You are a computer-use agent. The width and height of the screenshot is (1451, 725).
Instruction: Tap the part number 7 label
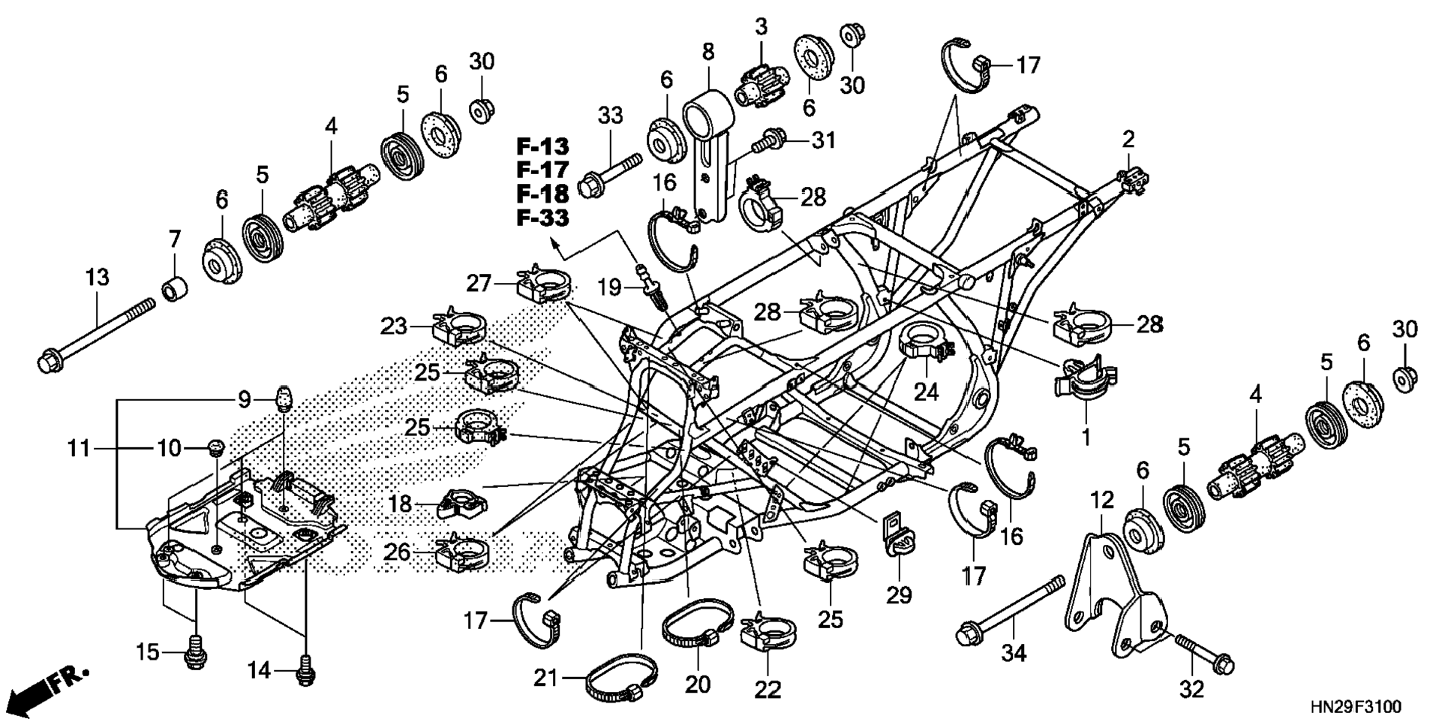174,240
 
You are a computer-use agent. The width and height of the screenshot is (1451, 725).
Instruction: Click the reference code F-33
542,218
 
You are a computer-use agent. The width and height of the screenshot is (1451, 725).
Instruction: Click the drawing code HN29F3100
1356,707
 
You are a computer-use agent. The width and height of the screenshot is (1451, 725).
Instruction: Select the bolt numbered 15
195,652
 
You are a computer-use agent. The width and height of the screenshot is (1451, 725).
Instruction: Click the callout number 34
1014,653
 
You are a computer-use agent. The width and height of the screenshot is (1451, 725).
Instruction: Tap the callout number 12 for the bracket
1101,499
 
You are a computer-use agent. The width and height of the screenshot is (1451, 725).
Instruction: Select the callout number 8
707,52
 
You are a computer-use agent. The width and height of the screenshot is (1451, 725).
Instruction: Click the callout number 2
1128,138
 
